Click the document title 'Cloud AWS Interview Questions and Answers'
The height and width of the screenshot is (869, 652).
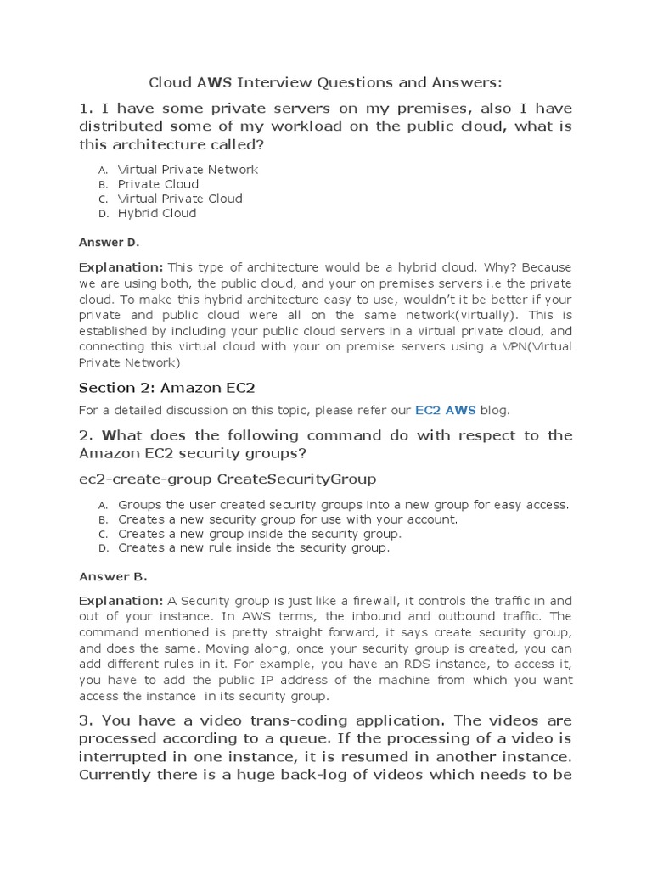pyautogui.click(x=325, y=82)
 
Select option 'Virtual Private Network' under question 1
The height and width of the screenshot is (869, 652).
pyautogui.click(x=188, y=170)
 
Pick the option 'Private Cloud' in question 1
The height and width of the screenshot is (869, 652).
pyautogui.click(x=158, y=184)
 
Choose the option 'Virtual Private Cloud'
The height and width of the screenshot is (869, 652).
pyautogui.click(x=180, y=199)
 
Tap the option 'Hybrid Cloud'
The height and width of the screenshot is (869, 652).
pyautogui.click(x=157, y=213)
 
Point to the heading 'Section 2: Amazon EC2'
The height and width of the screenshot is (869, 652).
pyautogui.click(x=167, y=388)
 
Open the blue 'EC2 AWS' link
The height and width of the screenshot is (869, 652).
pyautogui.click(x=446, y=411)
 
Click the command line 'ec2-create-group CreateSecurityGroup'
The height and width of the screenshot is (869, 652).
pyautogui.click(x=228, y=479)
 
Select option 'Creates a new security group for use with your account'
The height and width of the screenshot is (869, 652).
pyautogui.click(x=288, y=519)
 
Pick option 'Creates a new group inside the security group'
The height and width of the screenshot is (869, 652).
pyautogui.click(x=260, y=534)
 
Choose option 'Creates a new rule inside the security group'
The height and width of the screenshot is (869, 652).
pyautogui.click(x=254, y=548)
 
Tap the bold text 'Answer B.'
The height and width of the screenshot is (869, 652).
pyautogui.click(x=113, y=577)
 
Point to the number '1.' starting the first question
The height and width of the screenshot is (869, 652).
pyautogui.click(x=86, y=109)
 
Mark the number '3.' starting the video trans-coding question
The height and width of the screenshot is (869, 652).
pyautogui.click(x=87, y=721)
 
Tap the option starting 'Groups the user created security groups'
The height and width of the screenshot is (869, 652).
pyautogui.click(x=343, y=505)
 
